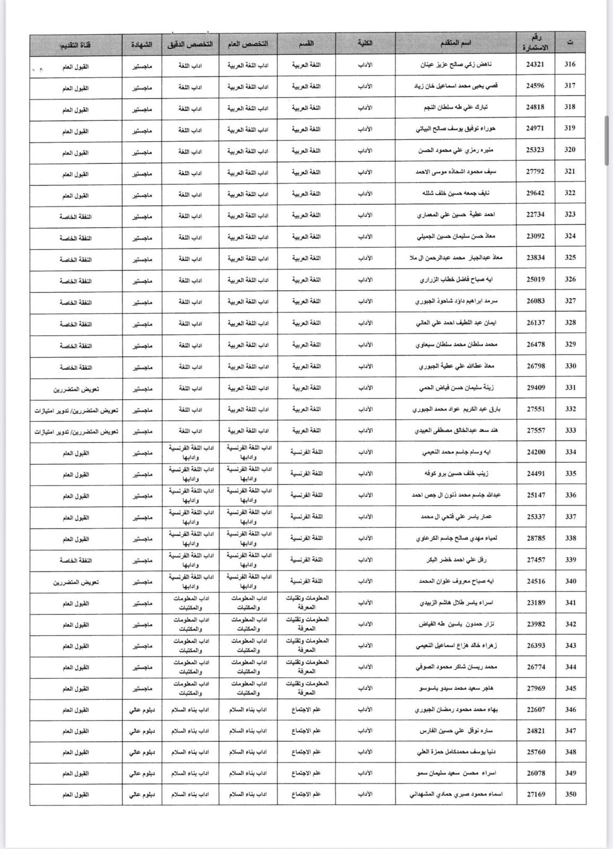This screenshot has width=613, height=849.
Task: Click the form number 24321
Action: [x=536, y=65]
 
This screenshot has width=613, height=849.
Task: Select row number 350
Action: [x=570, y=794]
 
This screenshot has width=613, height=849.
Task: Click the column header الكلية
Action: [x=365, y=43]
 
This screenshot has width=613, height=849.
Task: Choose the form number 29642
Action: [x=536, y=193]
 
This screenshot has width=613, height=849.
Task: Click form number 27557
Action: [x=536, y=430]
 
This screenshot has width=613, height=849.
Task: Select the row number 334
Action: [x=570, y=452]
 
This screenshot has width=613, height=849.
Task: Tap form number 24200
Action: [x=536, y=452]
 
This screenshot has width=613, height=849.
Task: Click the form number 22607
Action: [x=536, y=709]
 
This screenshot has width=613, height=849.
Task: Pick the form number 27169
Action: [x=536, y=794]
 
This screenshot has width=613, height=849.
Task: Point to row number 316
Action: [x=570, y=65]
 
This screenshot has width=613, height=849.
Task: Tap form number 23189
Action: [x=536, y=603]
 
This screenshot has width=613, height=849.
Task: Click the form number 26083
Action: [x=536, y=301]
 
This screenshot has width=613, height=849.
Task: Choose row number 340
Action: [x=570, y=581]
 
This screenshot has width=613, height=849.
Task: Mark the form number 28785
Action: [x=536, y=538]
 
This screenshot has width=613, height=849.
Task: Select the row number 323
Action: [x=570, y=215]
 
